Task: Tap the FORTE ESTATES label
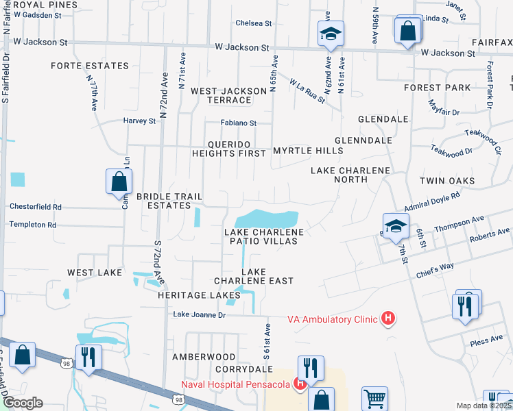[89, 66]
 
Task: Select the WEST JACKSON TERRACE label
[228, 95]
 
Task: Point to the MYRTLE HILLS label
[307, 151]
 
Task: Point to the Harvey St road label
[140, 121]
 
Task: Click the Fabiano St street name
[238, 123]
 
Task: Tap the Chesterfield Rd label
[35, 206]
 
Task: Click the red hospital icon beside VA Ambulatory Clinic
[388, 319]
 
